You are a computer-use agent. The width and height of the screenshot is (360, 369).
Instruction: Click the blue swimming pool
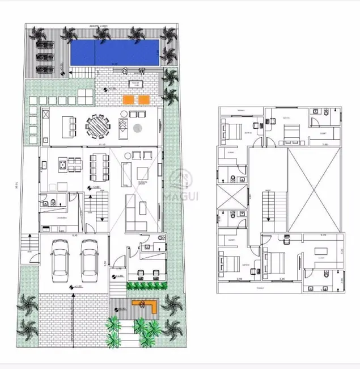(x=113, y=53)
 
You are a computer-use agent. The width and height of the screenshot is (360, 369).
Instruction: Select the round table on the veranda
(x=99, y=126)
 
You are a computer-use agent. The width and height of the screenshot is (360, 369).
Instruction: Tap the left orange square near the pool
(x=130, y=99)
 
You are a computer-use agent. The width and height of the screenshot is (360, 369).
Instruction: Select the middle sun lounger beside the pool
(x=43, y=57)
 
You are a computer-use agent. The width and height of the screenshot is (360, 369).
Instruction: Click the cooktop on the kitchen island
(x=60, y=166)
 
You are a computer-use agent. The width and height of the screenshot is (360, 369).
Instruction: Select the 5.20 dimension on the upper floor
(x=323, y=234)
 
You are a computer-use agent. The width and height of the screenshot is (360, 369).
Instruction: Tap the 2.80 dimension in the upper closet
(x=324, y=145)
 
